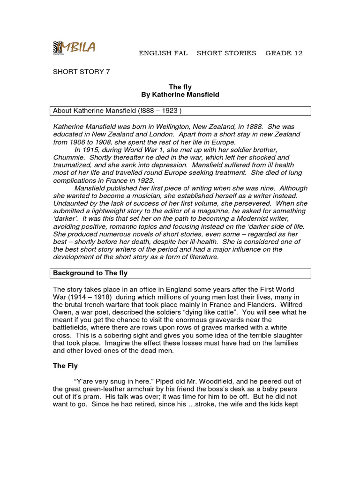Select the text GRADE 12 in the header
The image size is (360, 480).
click(x=284, y=53)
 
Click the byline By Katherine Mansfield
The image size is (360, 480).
click(x=180, y=95)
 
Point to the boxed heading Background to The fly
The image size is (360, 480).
click(x=90, y=273)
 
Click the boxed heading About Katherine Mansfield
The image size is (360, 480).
click(x=117, y=111)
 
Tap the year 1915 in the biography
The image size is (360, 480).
click(x=91, y=150)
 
